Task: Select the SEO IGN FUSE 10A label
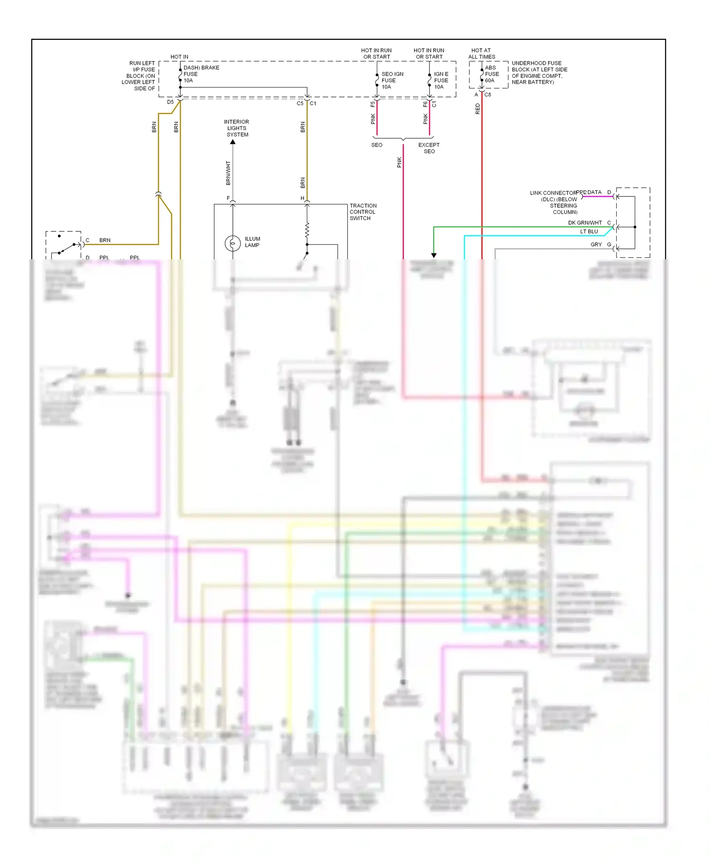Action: pyautogui.click(x=392, y=80)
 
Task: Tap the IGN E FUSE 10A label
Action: pyautogui.click(x=441, y=80)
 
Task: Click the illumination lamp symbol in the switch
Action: pyautogui.click(x=232, y=243)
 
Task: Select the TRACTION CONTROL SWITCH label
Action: pyautogui.click(x=363, y=212)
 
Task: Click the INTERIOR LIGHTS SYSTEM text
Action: pyautogui.click(x=237, y=128)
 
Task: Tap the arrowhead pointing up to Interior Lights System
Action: pyautogui.click(x=233, y=142)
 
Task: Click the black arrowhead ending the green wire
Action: pyautogui.click(x=434, y=255)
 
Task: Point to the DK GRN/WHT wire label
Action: pyautogui.click(x=585, y=223)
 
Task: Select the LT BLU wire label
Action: pyautogui.click(x=589, y=231)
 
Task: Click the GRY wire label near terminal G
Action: pyautogui.click(x=596, y=245)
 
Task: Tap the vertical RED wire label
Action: pyautogui.click(x=478, y=109)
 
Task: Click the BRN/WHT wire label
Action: pyautogui.click(x=228, y=173)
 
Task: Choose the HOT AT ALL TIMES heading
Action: pyautogui.click(x=481, y=53)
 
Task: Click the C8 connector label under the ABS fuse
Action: pyautogui.click(x=488, y=95)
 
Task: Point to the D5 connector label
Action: pyautogui.click(x=170, y=102)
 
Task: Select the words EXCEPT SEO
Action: pyautogui.click(x=429, y=148)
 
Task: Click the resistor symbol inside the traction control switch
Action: pyautogui.click(x=307, y=230)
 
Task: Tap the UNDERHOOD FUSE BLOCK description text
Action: pyautogui.click(x=539, y=72)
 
